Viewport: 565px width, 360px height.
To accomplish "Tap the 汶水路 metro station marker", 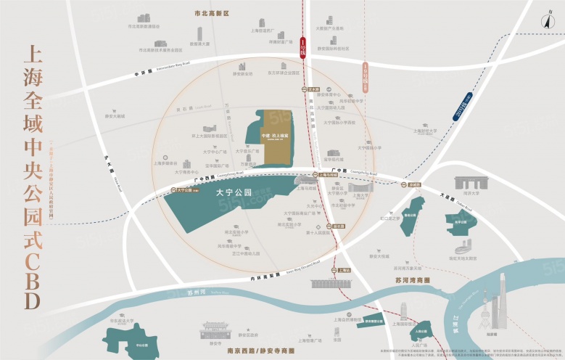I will click(308, 89).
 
